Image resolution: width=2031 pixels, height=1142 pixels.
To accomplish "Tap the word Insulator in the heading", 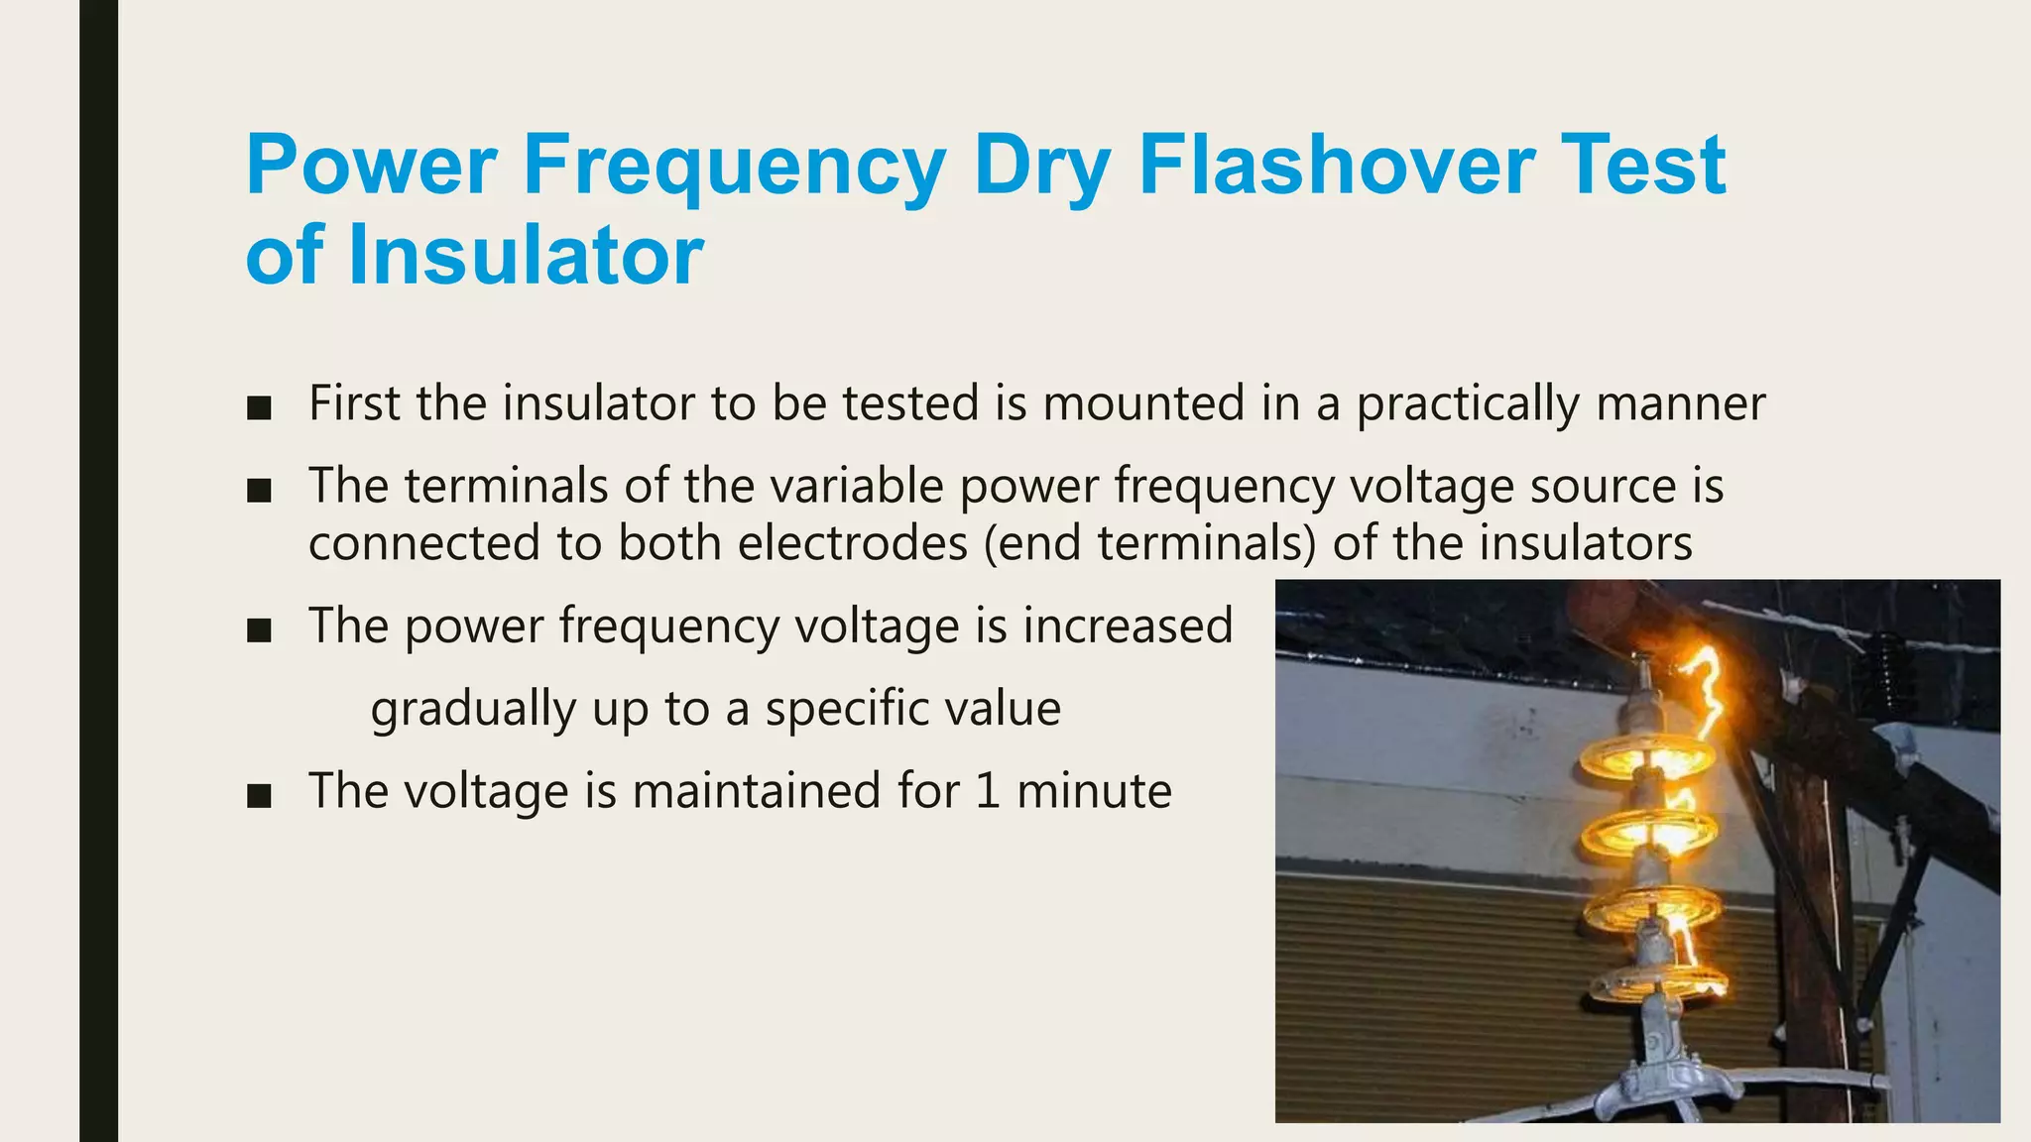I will pos(526,255).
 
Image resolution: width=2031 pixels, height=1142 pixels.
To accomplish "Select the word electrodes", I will pos(852,543).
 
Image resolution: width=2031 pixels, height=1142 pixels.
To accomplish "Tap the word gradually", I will pos(473,710).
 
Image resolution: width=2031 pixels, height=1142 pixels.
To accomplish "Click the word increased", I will pos(1128,626).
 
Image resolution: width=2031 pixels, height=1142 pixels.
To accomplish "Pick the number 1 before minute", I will pos(987,791).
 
